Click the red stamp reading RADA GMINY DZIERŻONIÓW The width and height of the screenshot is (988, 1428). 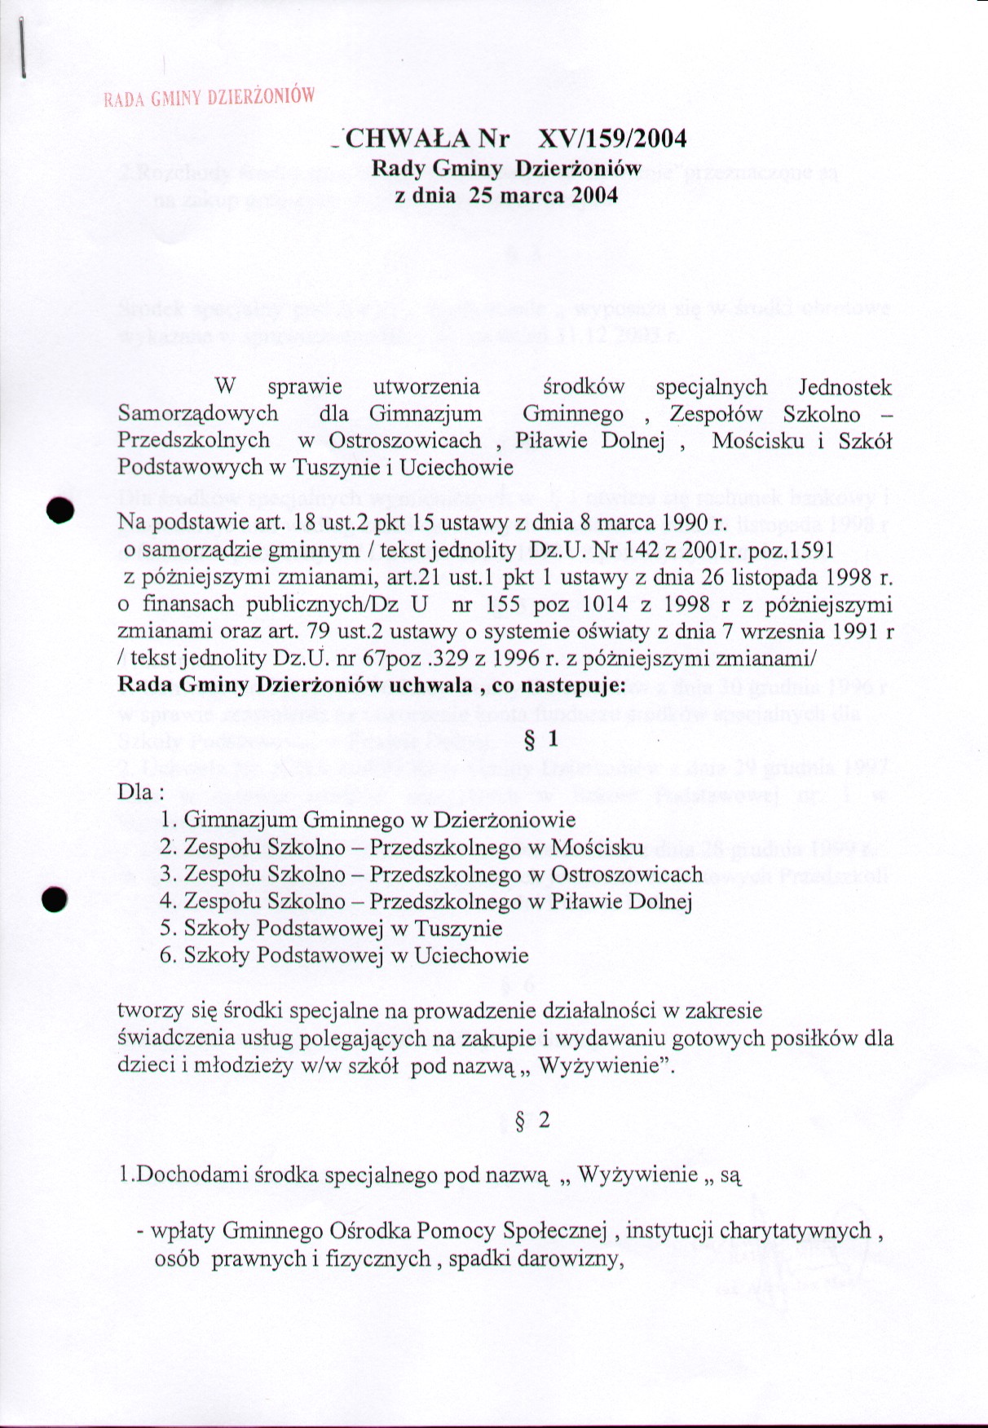click(209, 97)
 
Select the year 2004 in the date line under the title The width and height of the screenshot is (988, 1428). click(594, 195)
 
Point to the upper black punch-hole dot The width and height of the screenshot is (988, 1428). click(60, 510)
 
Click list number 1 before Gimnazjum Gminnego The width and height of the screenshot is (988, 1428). click(169, 820)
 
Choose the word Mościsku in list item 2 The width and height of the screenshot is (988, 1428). click(597, 848)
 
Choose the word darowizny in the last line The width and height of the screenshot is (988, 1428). click(579, 1258)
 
